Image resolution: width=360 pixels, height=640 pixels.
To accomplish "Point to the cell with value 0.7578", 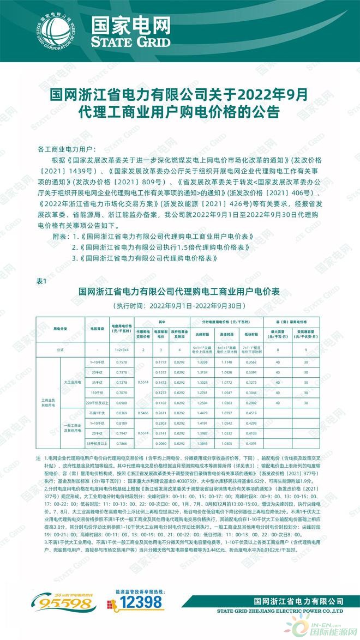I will point(122,363).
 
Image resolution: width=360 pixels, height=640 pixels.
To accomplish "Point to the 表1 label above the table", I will point(43,281).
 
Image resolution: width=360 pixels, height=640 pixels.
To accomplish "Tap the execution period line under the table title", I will point(179,305).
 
